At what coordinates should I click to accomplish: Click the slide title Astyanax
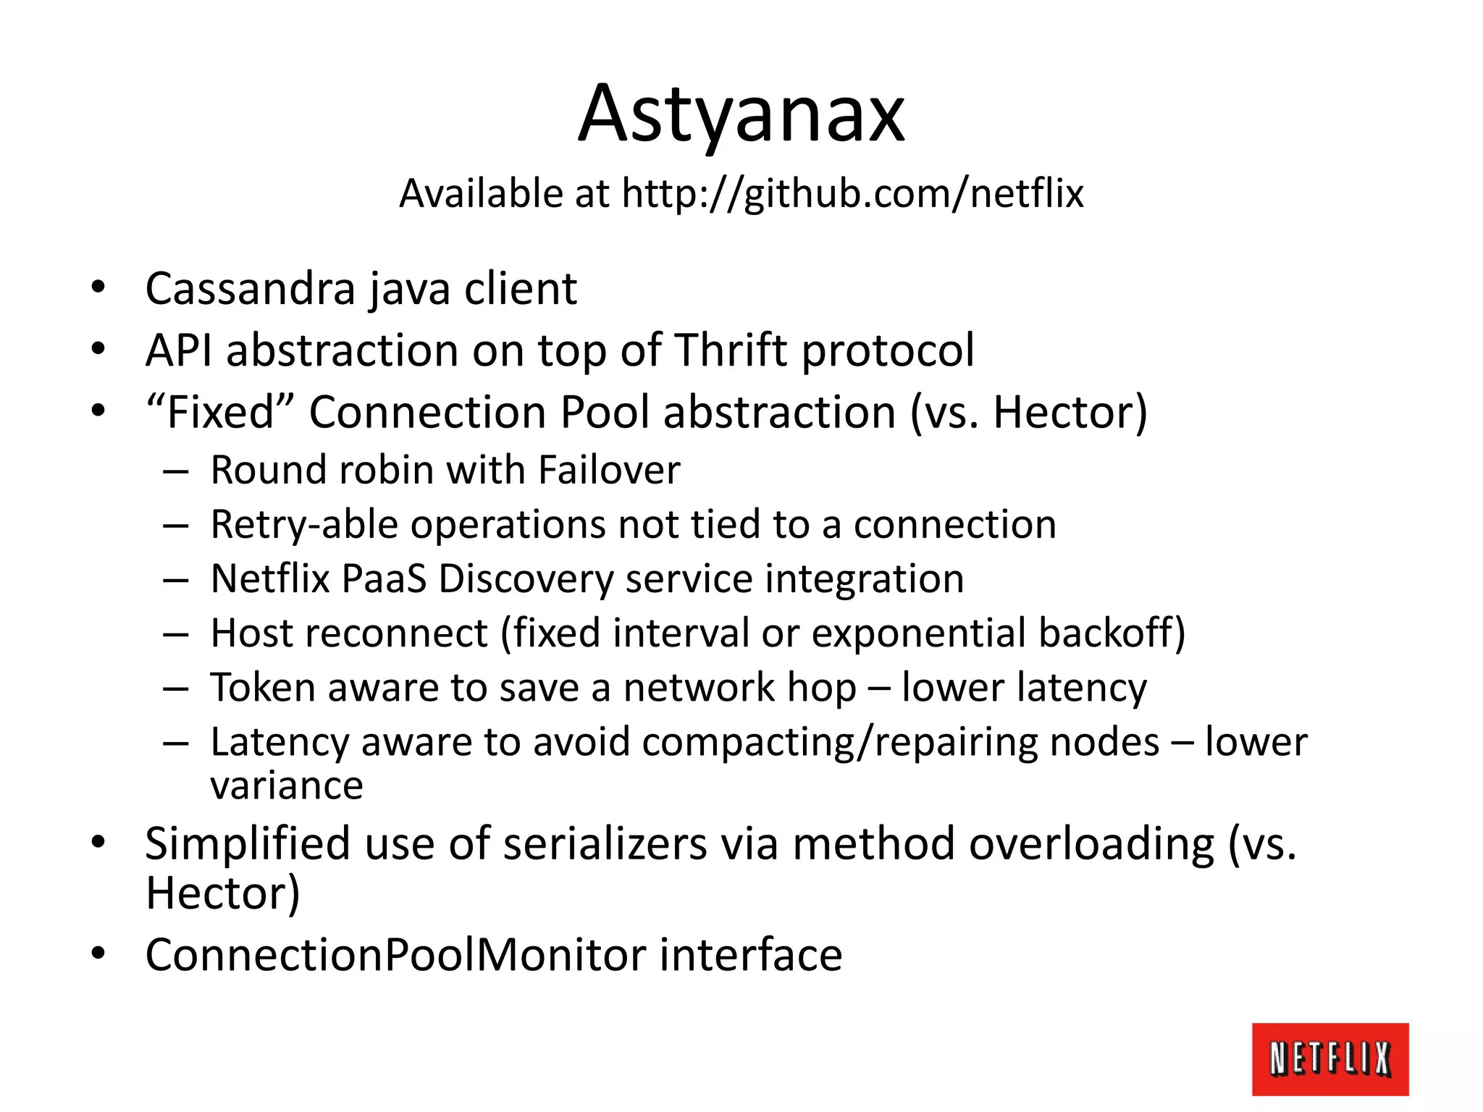(741, 114)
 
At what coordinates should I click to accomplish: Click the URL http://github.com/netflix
(852, 194)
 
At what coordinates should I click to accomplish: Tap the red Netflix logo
(1329, 1058)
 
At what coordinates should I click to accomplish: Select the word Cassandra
(250, 289)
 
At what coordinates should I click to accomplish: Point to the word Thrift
(731, 350)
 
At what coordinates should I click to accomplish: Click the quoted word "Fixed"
(220, 412)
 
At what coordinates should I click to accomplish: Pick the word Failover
(609, 470)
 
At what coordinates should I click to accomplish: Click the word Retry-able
(304, 525)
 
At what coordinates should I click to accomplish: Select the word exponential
(919, 633)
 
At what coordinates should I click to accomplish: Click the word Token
(262, 688)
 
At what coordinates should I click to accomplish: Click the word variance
(287, 785)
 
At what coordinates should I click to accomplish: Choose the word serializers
(605, 844)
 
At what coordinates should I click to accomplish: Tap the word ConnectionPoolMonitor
(395, 955)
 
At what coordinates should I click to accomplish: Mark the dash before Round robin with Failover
(176, 471)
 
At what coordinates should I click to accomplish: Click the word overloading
(1091, 844)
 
